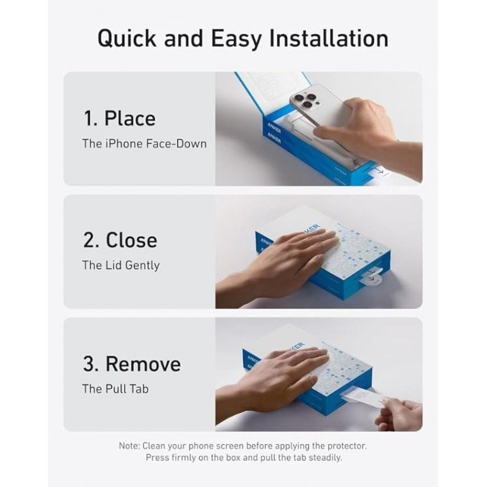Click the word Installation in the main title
click(328, 38)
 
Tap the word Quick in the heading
click(127, 39)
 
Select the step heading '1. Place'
click(119, 119)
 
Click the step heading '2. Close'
click(120, 240)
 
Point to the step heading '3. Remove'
click(131, 363)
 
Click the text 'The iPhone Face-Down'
click(144, 144)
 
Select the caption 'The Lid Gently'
click(121, 265)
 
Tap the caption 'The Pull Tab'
click(115, 389)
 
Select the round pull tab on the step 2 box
click(374, 278)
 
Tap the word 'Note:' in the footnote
click(129, 446)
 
